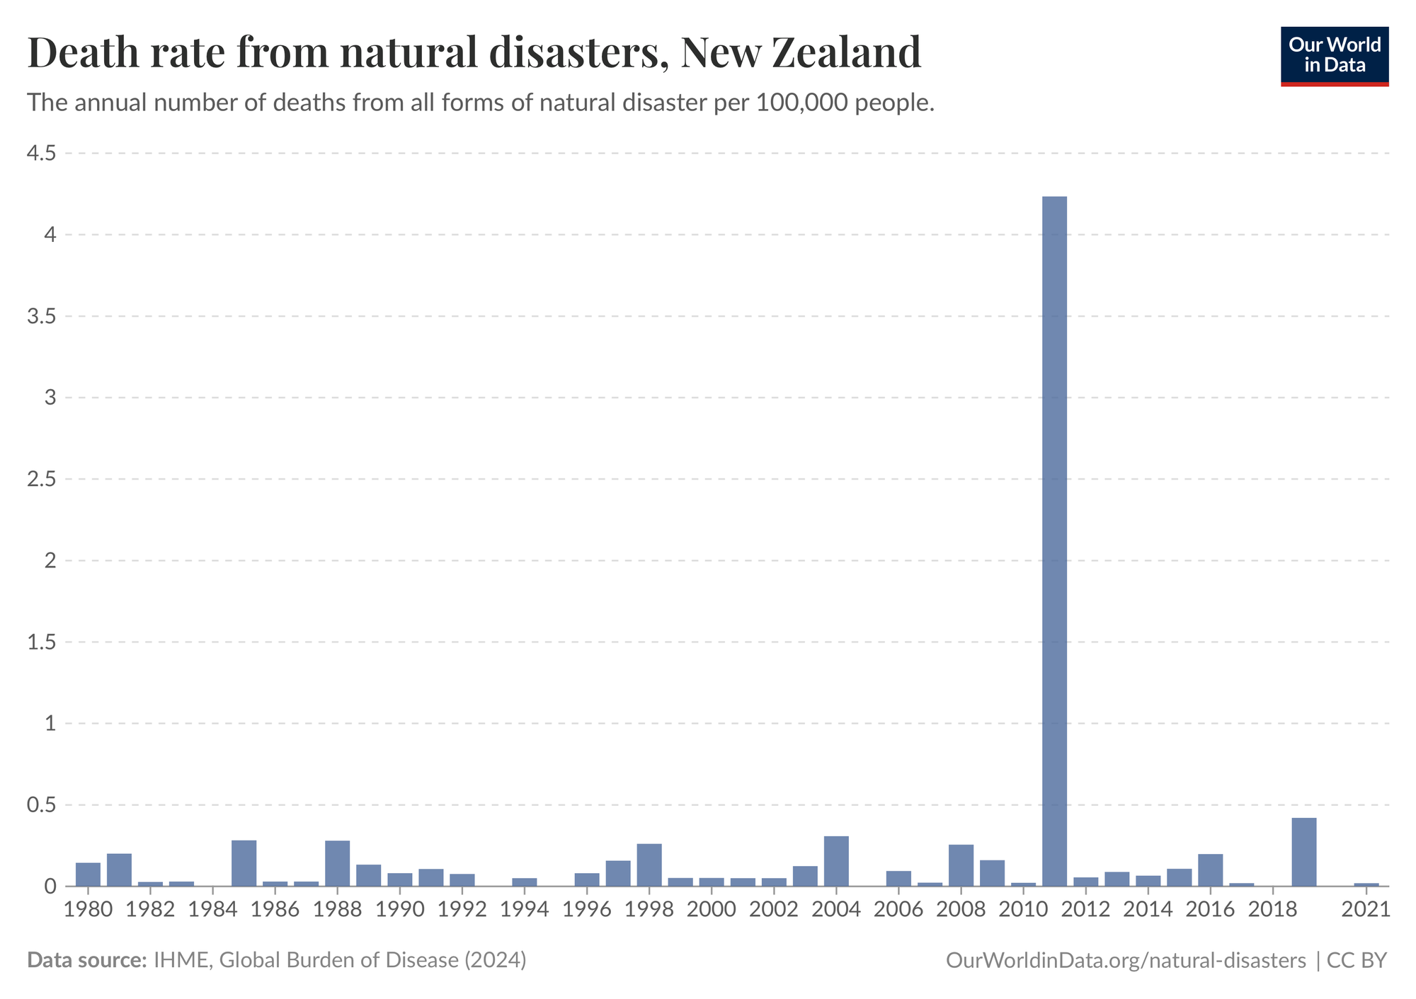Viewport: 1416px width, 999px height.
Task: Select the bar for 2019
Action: click(1303, 852)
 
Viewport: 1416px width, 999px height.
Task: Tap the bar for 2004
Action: click(836, 861)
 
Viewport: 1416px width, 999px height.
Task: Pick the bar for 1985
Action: click(244, 863)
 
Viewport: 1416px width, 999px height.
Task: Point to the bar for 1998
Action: click(649, 865)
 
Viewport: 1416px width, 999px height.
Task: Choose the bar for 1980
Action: click(88, 874)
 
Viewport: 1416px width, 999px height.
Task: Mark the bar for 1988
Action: click(337, 863)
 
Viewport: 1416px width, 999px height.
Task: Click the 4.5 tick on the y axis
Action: click(42, 153)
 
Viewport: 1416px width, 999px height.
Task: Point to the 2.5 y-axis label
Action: click(42, 479)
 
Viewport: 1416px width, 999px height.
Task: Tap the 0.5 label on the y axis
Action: click(42, 805)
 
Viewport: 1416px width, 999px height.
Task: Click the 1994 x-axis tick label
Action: click(525, 909)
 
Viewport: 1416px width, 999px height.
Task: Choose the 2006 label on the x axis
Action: click(898, 909)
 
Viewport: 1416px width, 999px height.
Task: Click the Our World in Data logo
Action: click(1335, 56)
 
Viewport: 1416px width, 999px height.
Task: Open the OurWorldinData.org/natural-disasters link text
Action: click(1126, 960)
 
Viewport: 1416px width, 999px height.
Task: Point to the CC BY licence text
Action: click(1357, 960)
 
